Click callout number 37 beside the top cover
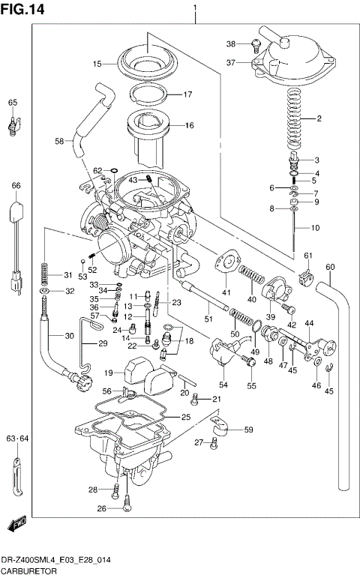pyautogui.click(x=231, y=62)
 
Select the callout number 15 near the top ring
pyautogui.click(x=97, y=64)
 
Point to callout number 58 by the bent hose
pyautogui.click(x=59, y=140)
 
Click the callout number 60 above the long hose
pyautogui.click(x=329, y=267)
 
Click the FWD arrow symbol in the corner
pyautogui.click(x=16, y=524)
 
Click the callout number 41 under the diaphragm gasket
pyautogui.click(x=226, y=291)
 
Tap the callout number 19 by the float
pyautogui.click(x=108, y=373)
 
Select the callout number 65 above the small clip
pyautogui.click(x=12, y=103)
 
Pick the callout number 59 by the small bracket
pyautogui.click(x=247, y=430)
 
